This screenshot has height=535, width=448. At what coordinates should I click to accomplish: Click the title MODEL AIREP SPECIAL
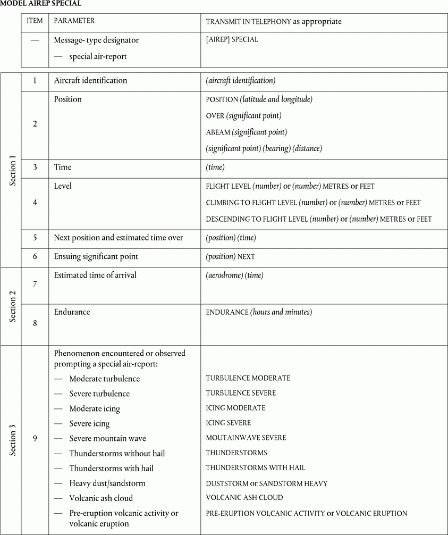click(41, 3)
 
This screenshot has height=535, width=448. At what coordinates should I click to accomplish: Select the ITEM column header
click(35, 21)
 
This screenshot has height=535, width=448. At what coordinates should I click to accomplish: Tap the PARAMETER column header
click(74, 21)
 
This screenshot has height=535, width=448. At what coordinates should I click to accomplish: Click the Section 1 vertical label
click(13, 170)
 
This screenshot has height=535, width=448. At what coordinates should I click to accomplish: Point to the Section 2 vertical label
click(13, 306)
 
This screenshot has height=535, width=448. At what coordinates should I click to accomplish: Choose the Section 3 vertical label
click(13, 439)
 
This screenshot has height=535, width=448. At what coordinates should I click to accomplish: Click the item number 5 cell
click(35, 238)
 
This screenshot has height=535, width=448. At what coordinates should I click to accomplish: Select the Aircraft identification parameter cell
click(91, 81)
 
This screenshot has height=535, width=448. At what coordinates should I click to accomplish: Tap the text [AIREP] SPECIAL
click(232, 39)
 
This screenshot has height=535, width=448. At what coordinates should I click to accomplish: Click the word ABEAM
click(218, 132)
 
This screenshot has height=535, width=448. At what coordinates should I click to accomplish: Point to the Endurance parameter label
click(72, 312)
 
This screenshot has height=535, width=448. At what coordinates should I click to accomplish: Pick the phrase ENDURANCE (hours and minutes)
click(259, 312)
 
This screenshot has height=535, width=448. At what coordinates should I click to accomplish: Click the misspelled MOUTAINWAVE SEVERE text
click(246, 438)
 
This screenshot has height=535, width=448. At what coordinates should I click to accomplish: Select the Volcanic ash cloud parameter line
click(101, 498)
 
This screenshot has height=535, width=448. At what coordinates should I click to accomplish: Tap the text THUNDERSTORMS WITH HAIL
click(256, 468)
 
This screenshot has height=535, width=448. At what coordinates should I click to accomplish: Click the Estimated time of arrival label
click(95, 275)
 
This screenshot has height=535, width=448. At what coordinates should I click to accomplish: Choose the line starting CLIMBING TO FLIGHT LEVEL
click(313, 203)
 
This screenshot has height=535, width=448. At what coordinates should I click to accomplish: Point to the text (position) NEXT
click(230, 256)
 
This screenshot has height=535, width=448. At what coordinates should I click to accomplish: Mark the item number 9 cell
click(35, 439)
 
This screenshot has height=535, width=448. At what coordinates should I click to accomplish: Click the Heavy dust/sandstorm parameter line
click(107, 483)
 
